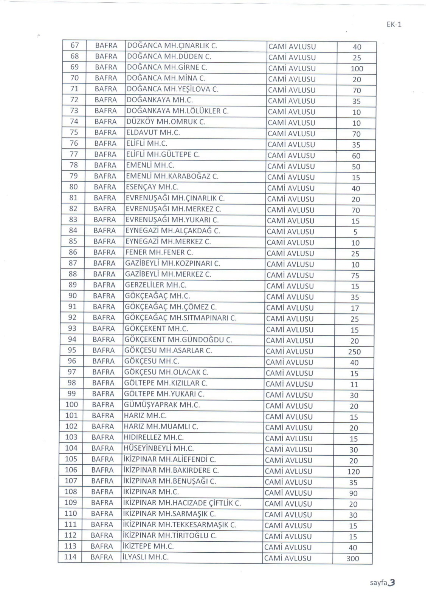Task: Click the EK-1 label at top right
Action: click(x=394, y=25)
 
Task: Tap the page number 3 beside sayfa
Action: click(x=392, y=582)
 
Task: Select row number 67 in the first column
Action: click(x=75, y=45)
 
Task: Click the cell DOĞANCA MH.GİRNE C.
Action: click(x=167, y=67)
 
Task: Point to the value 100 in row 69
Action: click(x=357, y=69)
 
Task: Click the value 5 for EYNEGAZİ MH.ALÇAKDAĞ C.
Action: click(x=355, y=232)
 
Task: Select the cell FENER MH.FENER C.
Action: click(x=159, y=252)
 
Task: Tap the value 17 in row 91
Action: click(x=355, y=308)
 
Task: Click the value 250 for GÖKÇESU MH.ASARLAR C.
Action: click(x=354, y=352)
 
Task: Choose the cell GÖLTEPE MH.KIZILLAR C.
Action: click(x=166, y=383)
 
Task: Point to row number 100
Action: click(x=71, y=405)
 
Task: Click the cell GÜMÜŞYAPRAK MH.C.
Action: click(x=162, y=405)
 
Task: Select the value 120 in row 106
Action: click(x=354, y=471)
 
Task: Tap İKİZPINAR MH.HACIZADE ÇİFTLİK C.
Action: click(x=182, y=503)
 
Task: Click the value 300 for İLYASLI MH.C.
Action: click(x=352, y=559)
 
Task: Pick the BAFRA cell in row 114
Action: click(x=102, y=557)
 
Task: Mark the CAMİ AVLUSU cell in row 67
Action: click(x=292, y=47)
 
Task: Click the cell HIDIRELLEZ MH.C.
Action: click(x=154, y=438)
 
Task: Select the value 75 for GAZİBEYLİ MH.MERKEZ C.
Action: click(x=355, y=276)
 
